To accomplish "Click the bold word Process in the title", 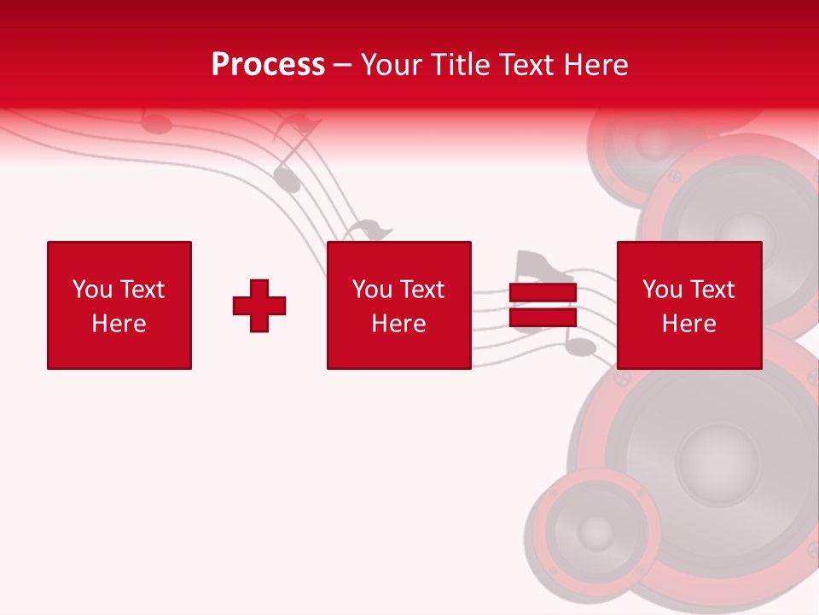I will (x=268, y=65).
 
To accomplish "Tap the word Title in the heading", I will (x=462, y=65).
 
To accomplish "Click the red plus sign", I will (x=259, y=306).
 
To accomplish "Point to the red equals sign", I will (x=543, y=305).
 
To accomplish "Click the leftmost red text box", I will (x=119, y=305).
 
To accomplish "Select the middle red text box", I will (x=399, y=305).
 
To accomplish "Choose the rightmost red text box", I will (x=689, y=305).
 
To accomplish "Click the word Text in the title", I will (x=526, y=65).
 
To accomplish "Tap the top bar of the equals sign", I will (x=543, y=293).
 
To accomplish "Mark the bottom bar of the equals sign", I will (x=543, y=317).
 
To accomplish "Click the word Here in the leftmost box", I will (x=119, y=324).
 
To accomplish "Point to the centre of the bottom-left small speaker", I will (x=595, y=532).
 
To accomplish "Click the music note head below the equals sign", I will (x=580, y=347).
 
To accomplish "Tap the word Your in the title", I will (x=392, y=65).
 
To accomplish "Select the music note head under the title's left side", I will (x=156, y=124).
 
